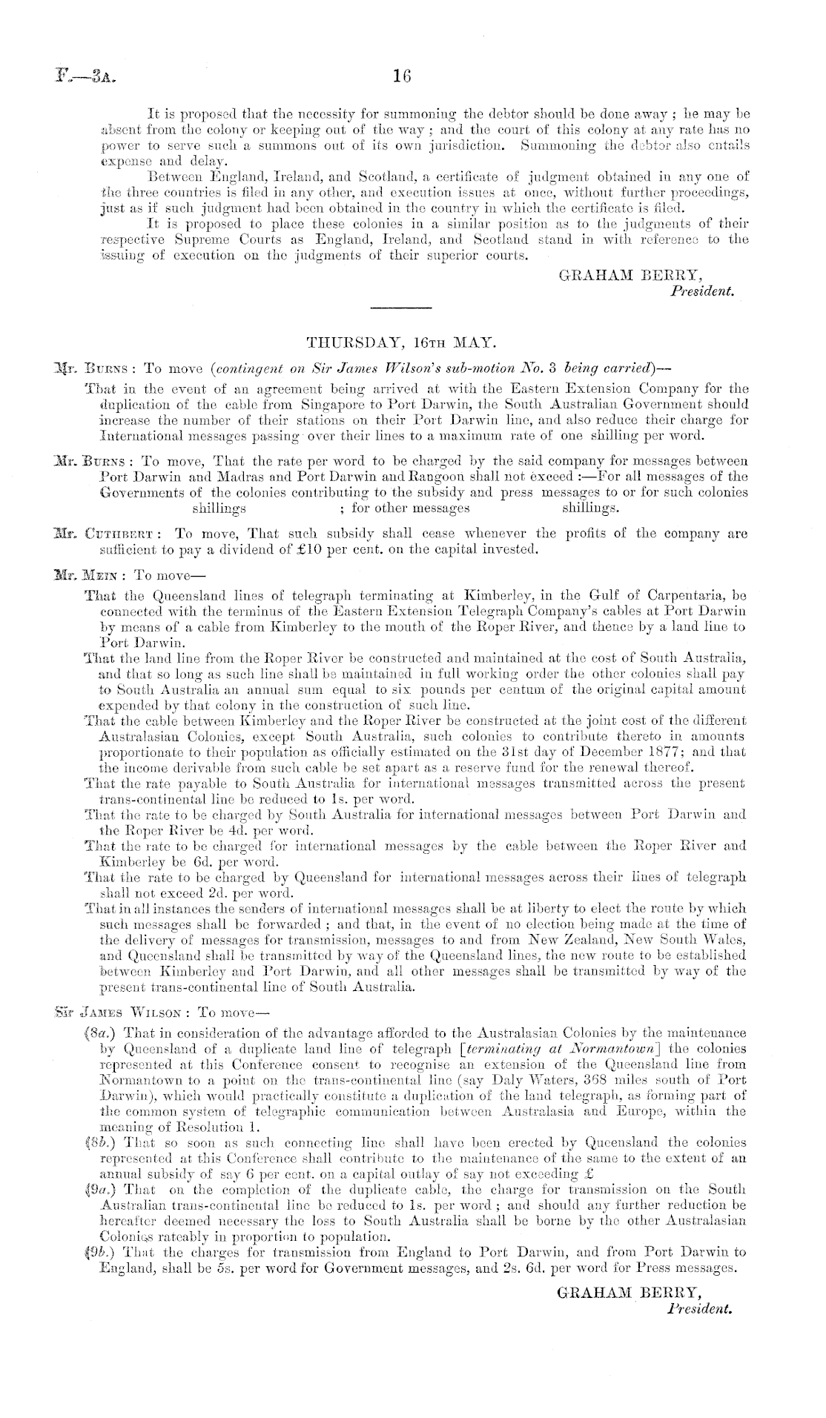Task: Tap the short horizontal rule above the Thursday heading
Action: click(x=400, y=307)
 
